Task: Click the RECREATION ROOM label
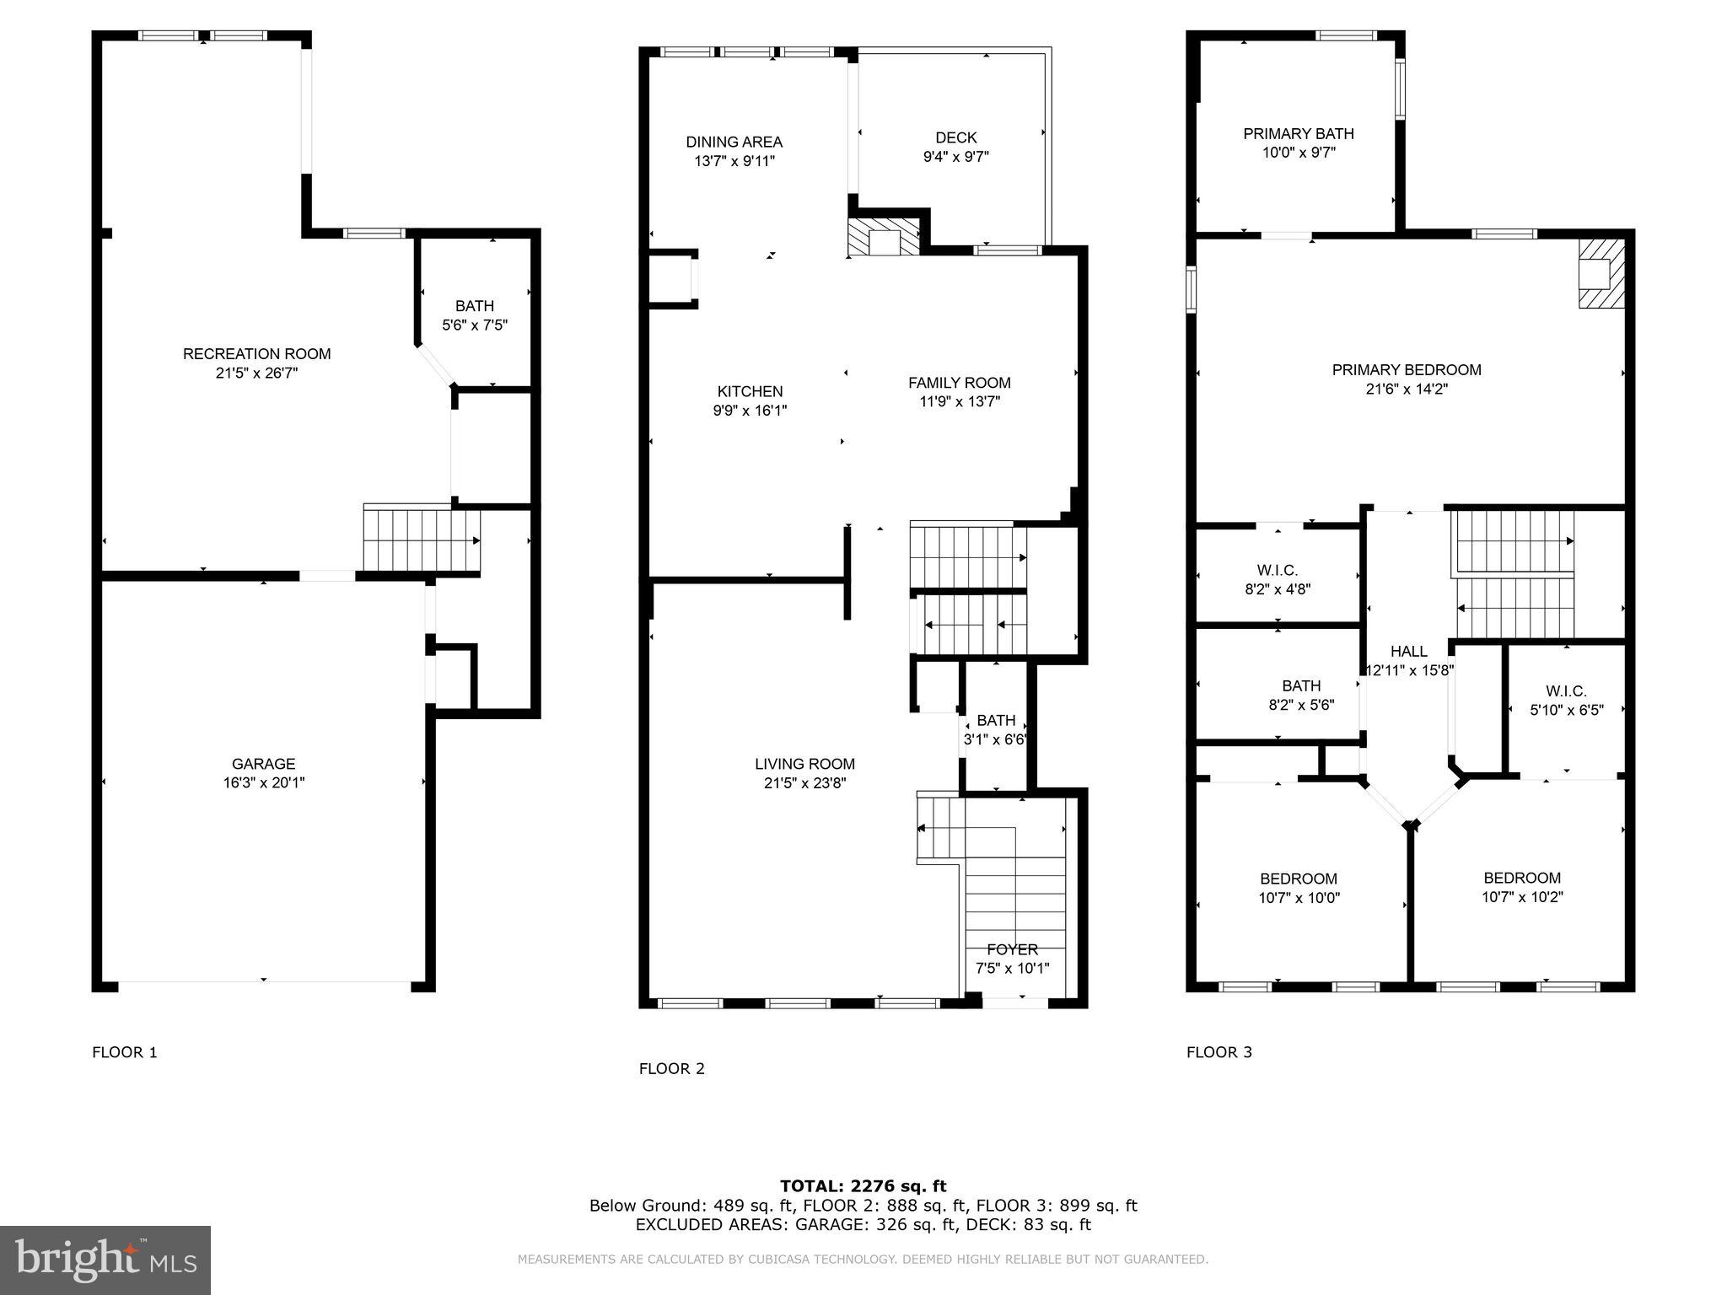click(256, 354)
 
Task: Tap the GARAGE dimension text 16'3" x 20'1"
click(263, 782)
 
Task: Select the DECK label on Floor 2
click(955, 137)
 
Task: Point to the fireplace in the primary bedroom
click(1601, 274)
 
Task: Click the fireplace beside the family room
click(884, 239)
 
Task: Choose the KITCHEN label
click(750, 391)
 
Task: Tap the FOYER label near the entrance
click(1012, 949)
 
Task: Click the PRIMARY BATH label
click(1298, 133)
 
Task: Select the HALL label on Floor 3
click(1408, 651)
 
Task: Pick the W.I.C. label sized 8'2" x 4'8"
click(1277, 571)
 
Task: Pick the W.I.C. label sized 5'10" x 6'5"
click(1566, 691)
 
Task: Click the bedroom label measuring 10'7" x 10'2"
click(1522, 878)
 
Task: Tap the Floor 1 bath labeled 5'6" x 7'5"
click(475, 306)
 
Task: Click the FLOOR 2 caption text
click(671, 1068)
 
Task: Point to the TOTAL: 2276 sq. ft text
click(863, 1186)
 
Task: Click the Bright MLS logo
click(105, 1260)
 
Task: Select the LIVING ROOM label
click(804, 764)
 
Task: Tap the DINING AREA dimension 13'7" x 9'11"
click(734, 161)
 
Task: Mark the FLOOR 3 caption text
click(1219, 1051)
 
